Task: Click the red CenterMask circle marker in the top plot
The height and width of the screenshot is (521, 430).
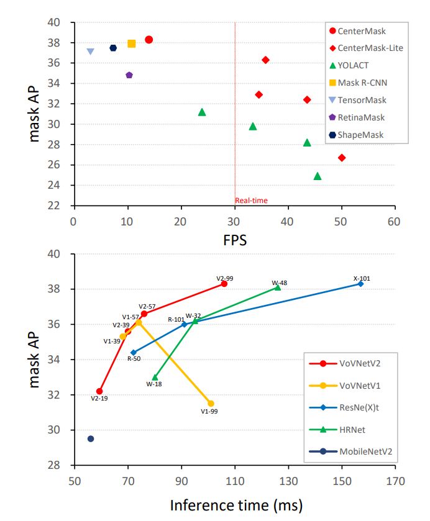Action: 149,40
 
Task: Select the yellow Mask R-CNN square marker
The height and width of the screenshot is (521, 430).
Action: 132,43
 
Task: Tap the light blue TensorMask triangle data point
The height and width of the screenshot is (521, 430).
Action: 90,52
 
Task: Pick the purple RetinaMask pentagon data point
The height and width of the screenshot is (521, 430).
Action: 129,75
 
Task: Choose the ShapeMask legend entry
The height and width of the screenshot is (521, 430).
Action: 360,135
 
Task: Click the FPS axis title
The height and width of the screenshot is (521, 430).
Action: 234,240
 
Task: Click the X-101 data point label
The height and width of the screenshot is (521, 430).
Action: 361,278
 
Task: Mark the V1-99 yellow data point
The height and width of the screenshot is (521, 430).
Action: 211,404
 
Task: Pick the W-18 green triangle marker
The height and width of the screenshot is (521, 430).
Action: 155,377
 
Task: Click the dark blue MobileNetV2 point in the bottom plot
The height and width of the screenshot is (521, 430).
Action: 91,438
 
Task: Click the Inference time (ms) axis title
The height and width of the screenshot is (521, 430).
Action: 236,505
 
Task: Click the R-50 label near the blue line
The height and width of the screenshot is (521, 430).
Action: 134,358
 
